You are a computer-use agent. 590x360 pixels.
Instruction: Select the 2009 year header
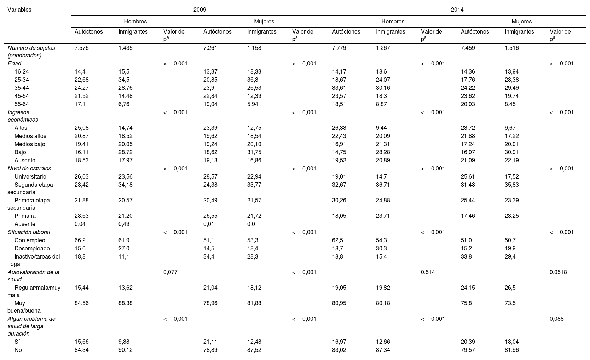pos(199,10)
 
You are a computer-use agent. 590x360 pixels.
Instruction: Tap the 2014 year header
pos(457,10)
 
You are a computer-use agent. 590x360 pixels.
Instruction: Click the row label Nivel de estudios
pos(29,169)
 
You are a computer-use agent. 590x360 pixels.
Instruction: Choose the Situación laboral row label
pos(29,232)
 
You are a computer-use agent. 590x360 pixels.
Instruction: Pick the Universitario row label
pos(30,177)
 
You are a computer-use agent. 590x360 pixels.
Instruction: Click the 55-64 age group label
pos(22,104)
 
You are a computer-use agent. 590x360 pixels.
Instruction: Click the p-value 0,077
pos(170,272)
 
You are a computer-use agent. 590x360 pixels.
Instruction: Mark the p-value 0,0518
pos(558,272)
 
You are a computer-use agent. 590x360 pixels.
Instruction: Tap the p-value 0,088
pos(556,319)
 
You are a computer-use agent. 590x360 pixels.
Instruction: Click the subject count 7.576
pos(82,48)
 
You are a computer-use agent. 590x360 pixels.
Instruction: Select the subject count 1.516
pos(512,48)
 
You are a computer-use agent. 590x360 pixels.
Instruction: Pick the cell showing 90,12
pos(126,350)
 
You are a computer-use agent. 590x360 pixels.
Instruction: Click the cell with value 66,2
pos(80,240)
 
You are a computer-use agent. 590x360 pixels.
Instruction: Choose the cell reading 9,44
pos(382,128)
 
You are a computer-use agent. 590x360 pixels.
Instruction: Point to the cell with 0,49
pos(124,224)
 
